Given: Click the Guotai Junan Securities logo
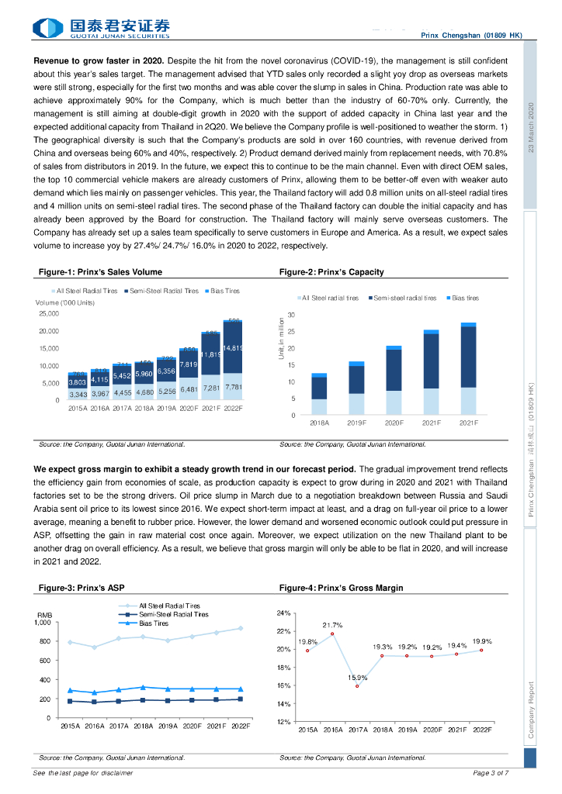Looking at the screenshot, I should (102, 28).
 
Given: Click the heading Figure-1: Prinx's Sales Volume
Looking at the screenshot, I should (100, 272).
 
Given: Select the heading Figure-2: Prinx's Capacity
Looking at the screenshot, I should (331, 272).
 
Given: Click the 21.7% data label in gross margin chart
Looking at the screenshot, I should (332, 625).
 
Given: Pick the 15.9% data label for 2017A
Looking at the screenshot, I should (357, 678).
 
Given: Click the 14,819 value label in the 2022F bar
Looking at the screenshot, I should (234, 347).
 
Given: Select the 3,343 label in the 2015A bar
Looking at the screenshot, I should (77, 395).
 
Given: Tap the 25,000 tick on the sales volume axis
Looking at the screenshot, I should (48, 314).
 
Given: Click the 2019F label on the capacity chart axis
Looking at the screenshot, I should (356, 423).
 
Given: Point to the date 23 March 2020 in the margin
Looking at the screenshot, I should (531, 127).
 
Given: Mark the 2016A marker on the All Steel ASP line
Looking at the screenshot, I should (95, 647).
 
